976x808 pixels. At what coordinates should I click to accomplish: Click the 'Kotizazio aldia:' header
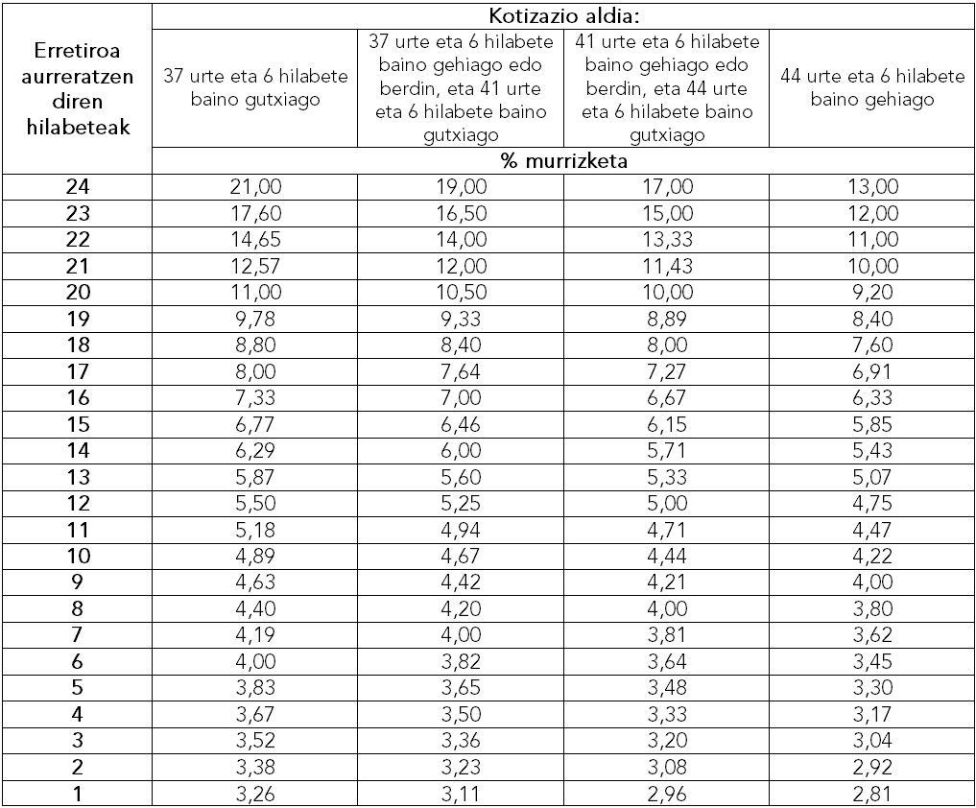(x=563, y=15)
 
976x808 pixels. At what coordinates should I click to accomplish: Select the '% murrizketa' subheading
(x=563, y=161)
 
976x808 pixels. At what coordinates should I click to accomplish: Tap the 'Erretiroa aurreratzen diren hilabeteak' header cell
(x=78, y=87)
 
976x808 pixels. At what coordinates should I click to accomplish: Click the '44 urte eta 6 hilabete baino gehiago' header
(x=872, y=87)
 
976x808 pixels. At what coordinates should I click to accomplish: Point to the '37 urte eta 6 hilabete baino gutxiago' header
(x=254, y=87)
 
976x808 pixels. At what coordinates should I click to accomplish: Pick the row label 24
(x=78, y=187)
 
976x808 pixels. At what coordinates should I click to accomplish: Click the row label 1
(x=78, y=794)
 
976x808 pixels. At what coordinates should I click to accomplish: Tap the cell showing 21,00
(x=254, y=187)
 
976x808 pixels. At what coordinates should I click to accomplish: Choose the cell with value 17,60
(x=254, y=213)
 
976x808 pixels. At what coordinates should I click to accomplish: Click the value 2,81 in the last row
(x=872, y=794)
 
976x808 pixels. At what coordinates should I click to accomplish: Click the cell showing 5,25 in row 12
(x=461, y=503)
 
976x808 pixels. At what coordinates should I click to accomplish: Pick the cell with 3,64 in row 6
(x=666, y=661)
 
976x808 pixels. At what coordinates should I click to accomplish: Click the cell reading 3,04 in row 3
(x=872, y=741)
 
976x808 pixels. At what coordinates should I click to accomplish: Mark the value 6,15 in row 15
(x=666, y=424)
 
